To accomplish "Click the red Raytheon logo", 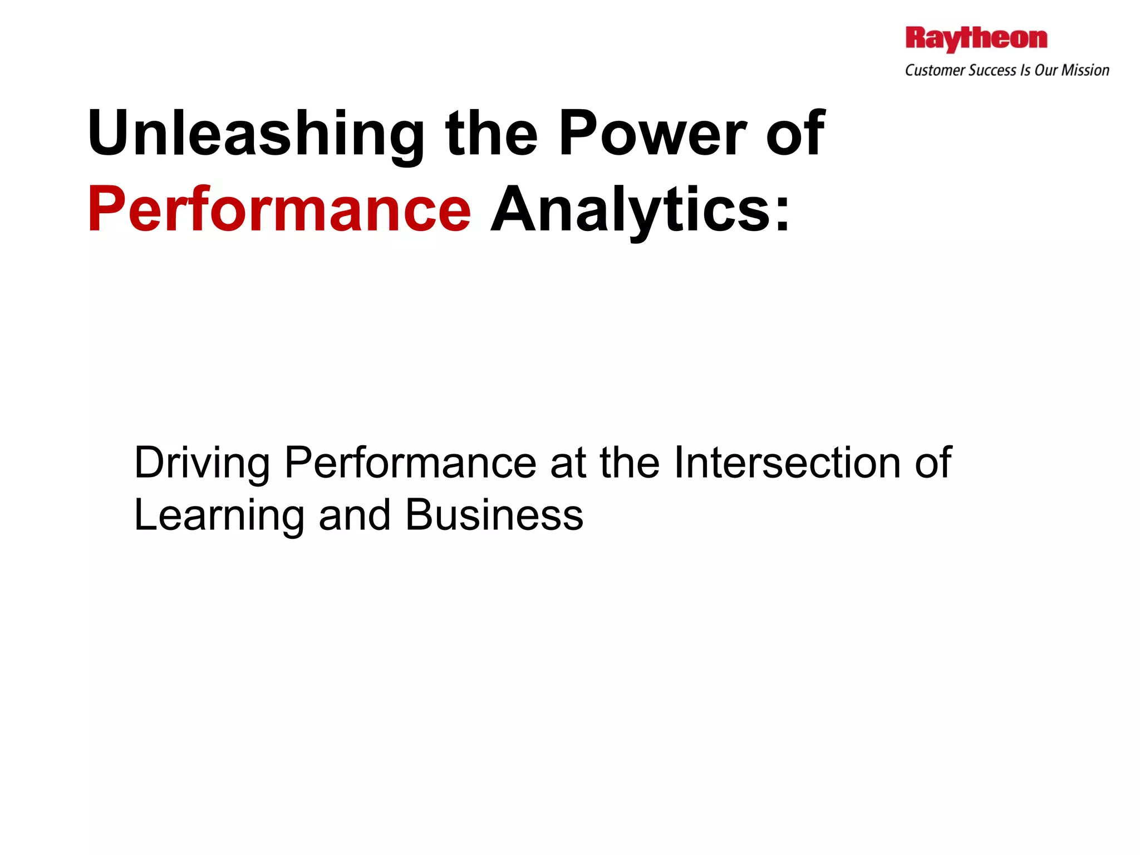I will pos(976,39).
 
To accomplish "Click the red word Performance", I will pos(279,210).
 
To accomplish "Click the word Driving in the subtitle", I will pos(202,463).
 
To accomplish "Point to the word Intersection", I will pos(787,463).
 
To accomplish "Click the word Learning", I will pos(219,515).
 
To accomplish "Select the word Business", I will pos(494,515).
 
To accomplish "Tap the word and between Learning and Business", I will pos(355,515).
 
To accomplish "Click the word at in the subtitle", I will pos(568,463).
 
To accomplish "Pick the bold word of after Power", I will pos(795,134).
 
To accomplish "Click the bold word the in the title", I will pos(492,134).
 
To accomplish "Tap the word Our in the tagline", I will pos(1047,71).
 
